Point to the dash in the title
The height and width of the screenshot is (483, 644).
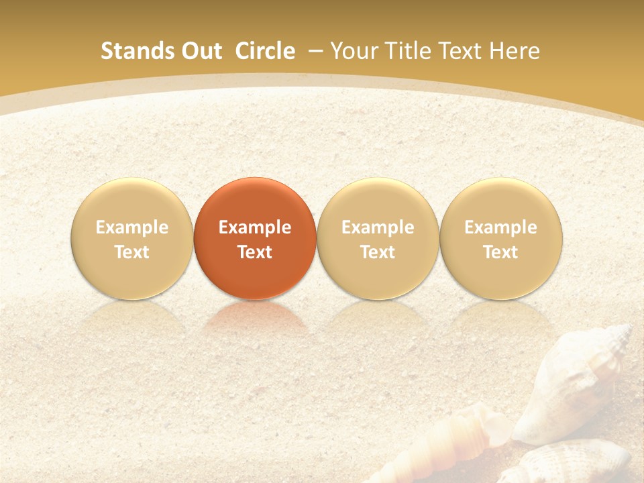(x=315, y=51)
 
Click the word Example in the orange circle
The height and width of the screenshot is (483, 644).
(x=255, y=227)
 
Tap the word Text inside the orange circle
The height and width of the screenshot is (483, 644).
(x=255, y=252)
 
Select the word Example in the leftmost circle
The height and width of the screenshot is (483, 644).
(x=132, y=227)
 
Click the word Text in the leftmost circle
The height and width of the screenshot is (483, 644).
(x=132, y=252)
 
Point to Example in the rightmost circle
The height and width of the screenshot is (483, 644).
(x=501, y=227)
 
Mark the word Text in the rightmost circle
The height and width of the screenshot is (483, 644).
(x=501, y=252)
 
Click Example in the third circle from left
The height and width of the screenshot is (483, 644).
(x=378, y=227)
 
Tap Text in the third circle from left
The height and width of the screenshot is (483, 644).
(x=378, y=252)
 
